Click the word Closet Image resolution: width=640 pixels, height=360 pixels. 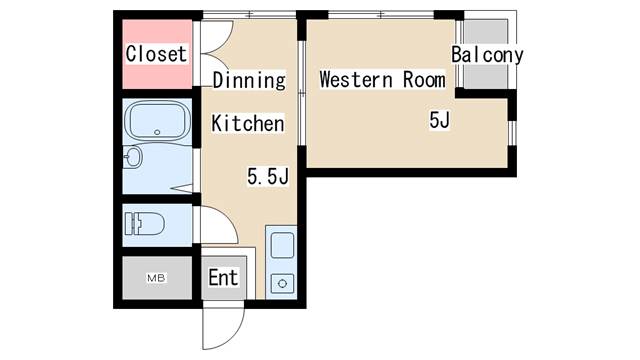tap(156, 54)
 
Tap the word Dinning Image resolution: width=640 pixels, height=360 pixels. tap(249, 80)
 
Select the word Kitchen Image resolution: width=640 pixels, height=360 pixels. tap(248, 124)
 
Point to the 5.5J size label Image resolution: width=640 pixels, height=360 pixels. tap(268, 177)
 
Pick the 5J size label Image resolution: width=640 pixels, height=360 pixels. tap(440, 121)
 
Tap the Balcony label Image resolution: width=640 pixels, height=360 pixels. tap(487, 55)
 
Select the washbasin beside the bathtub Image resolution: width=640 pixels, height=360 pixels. tap(132, 157)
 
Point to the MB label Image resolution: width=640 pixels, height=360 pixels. tap(156, 277)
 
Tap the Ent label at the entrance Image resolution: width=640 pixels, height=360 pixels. tap(223, 277)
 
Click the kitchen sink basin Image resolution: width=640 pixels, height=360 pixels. tap(281, 246)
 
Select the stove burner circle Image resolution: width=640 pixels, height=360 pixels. tap(281, 283)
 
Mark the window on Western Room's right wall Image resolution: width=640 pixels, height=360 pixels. tap(512, 130)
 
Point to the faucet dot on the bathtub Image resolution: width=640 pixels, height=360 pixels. tap(157, 133)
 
